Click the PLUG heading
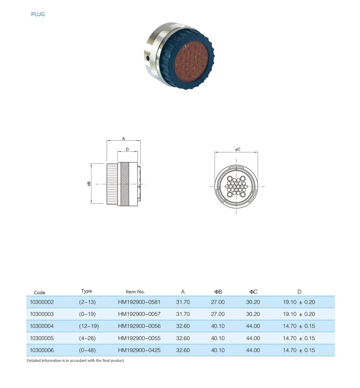point(38,14)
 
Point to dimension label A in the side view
point(124,139)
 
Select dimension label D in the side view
point(127,149)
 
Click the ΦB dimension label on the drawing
point(89,183)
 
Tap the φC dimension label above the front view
point(238,149)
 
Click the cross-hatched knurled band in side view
point(125,184)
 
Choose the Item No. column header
point(135,292)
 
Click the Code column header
point(39,292)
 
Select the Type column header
point(86,291)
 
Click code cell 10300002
point(42,302)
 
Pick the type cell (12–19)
point(89,326)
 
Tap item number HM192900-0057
point(139,314)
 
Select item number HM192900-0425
point(139,350)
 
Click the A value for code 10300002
point(183,302)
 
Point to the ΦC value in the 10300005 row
point(253,338)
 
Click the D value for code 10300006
point(299,350)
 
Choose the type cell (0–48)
point(87,350)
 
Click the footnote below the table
point(75,360)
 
